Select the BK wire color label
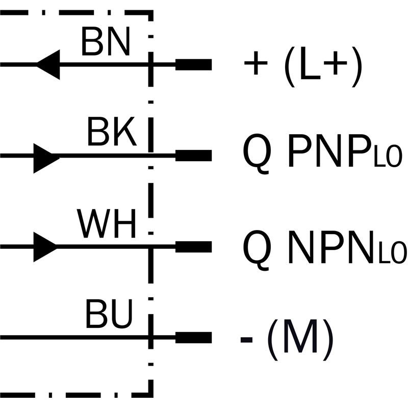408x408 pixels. point(111,133)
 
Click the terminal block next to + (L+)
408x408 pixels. point(193,65)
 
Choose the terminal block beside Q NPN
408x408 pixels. point(193,246)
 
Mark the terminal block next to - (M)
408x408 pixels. point(193,337)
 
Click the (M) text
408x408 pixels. point(300,338)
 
